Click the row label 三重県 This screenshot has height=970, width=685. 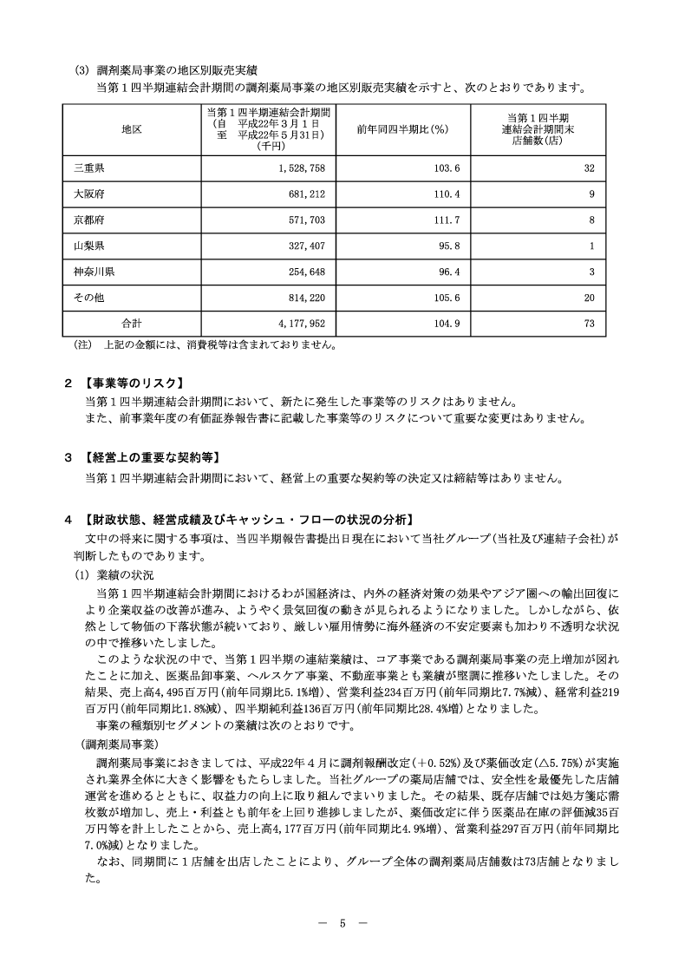click(x=89, y=167)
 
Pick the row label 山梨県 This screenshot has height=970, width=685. click(x=89, y=246)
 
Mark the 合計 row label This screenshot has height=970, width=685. click(x=132, y=324)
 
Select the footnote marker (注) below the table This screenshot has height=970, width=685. click(x=82, y=344)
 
